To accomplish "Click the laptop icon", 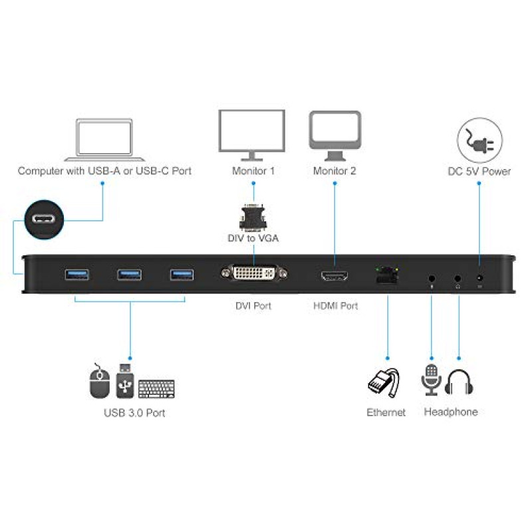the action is coord(104,140).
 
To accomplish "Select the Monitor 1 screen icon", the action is coord(252,135).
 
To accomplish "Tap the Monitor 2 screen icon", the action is coord(335,136).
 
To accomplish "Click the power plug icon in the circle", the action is coord(479,140).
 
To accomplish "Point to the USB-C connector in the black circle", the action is coord(44,219).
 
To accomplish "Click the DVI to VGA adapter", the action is coord(253,217).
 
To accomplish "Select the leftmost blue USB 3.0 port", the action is coord(77,275).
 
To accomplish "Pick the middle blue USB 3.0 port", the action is coord(129,275).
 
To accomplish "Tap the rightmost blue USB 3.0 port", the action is coord(182,275).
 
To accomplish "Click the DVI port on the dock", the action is coord(254,273).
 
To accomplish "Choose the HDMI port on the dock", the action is coord(334,276).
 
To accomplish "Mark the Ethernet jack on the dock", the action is coord(387,275).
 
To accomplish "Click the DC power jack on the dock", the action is coord(479,278).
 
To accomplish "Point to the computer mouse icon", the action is coord(99,381).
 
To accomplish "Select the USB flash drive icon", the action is coord(125,380).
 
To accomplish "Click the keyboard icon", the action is coord(156,388).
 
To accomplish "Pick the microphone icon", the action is coord(431,380).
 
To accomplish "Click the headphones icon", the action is coord(459,382).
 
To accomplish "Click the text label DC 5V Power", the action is coord(479,172).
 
